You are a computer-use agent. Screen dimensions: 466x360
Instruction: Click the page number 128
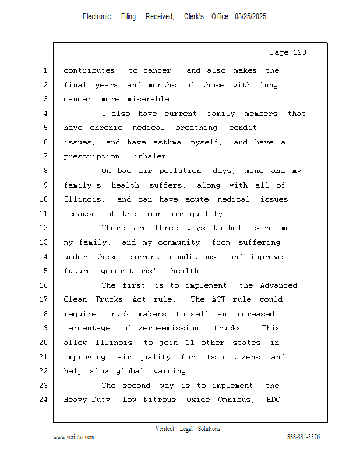[299, 52]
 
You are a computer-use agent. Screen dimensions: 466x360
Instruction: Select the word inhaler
[151, 156]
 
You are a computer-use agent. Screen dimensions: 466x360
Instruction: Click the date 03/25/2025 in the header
[250, 17]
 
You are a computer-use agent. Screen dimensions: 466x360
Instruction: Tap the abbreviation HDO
[274, 400]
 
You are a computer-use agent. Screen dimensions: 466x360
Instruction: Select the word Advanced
[278, 285]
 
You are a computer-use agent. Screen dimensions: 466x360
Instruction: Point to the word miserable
[150, 99]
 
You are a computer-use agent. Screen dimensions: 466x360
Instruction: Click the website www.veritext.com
[73, 437]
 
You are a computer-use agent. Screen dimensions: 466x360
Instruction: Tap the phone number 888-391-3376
[303, 437]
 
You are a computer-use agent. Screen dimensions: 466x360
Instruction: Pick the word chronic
[106, 128]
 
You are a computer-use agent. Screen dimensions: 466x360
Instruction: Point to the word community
[178, 242]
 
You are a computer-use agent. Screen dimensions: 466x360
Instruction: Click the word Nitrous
[161, 400]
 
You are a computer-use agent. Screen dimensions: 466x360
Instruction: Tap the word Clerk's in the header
[194, 17]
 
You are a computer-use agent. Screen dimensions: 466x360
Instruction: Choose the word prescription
[90, 156]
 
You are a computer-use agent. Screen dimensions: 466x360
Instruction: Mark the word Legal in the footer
[188, 429]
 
